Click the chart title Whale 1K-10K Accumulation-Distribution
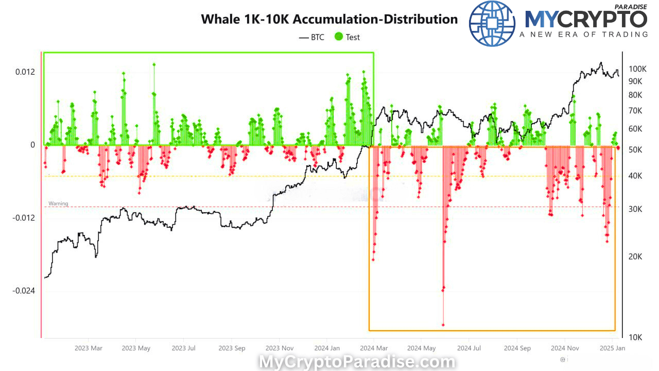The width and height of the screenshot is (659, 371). click(x=329, y=19)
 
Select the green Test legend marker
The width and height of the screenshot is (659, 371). click(x=339, y=37)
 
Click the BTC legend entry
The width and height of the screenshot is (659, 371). click(x=311, y=37)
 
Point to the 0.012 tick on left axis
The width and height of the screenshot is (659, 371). click(x=25, y=71)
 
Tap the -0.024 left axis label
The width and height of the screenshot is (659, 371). click(x=24, y=291)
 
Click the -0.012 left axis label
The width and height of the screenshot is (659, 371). click(x=24, y=217)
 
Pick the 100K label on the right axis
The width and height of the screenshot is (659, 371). click(x=637, y=69)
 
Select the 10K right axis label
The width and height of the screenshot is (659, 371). click(x=635, y=337)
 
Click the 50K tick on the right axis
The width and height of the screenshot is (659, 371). click(x=635, y=150)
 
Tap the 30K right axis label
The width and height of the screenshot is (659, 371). click(x=635, y=209)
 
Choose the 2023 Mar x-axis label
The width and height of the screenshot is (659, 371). click(x=89, y=348)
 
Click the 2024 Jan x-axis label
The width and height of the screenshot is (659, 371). click(x=327, y=348)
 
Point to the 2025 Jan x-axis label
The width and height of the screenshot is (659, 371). click(x=613, y=348)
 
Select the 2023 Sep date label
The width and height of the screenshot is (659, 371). click(x=232, y=348)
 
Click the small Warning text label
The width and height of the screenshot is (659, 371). click(x=58, y=204)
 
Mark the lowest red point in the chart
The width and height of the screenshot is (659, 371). click(x=443, y=325)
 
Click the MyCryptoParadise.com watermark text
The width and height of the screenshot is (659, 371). click(x=357, y=362)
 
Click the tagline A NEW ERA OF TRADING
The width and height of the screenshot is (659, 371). click(x=583, y=35)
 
